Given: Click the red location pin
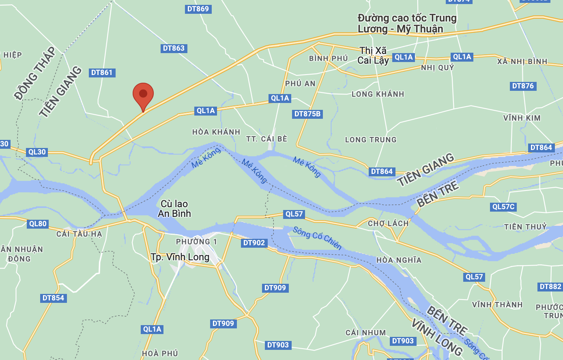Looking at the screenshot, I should (x=143, y=94).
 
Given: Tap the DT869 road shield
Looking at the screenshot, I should (x=198, y=9).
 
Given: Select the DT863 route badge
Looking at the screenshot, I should (x=174, y=48).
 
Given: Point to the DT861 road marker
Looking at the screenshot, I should (x=102, y=73).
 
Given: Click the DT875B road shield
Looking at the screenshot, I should (x=307, y=114).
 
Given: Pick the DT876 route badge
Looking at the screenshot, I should (x=523, y=86).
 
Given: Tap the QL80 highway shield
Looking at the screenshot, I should (x=38, y=224).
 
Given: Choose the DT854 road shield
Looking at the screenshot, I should (x=53, y=298).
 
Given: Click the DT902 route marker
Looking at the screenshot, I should (x=254, y=243).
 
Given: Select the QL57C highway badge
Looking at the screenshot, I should (x=503, y=207).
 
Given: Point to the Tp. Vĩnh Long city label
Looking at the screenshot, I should (x=180, y=257).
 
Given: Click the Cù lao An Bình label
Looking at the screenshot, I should (x=174, y=209).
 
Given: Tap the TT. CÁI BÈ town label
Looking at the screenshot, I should (x=266, y=139).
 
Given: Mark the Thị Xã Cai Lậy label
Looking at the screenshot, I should (x=373, y=56).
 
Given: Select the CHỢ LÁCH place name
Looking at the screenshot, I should (x=388, y=223).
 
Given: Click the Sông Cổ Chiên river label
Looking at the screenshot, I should (x=317, y=238).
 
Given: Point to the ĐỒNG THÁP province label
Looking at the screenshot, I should (x=35, y=73).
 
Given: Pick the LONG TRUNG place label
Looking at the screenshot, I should (x=371, y=140).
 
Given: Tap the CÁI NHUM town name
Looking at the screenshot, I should (x=365, y=333).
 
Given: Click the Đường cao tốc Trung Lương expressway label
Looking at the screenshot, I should (x=407, y=24).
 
